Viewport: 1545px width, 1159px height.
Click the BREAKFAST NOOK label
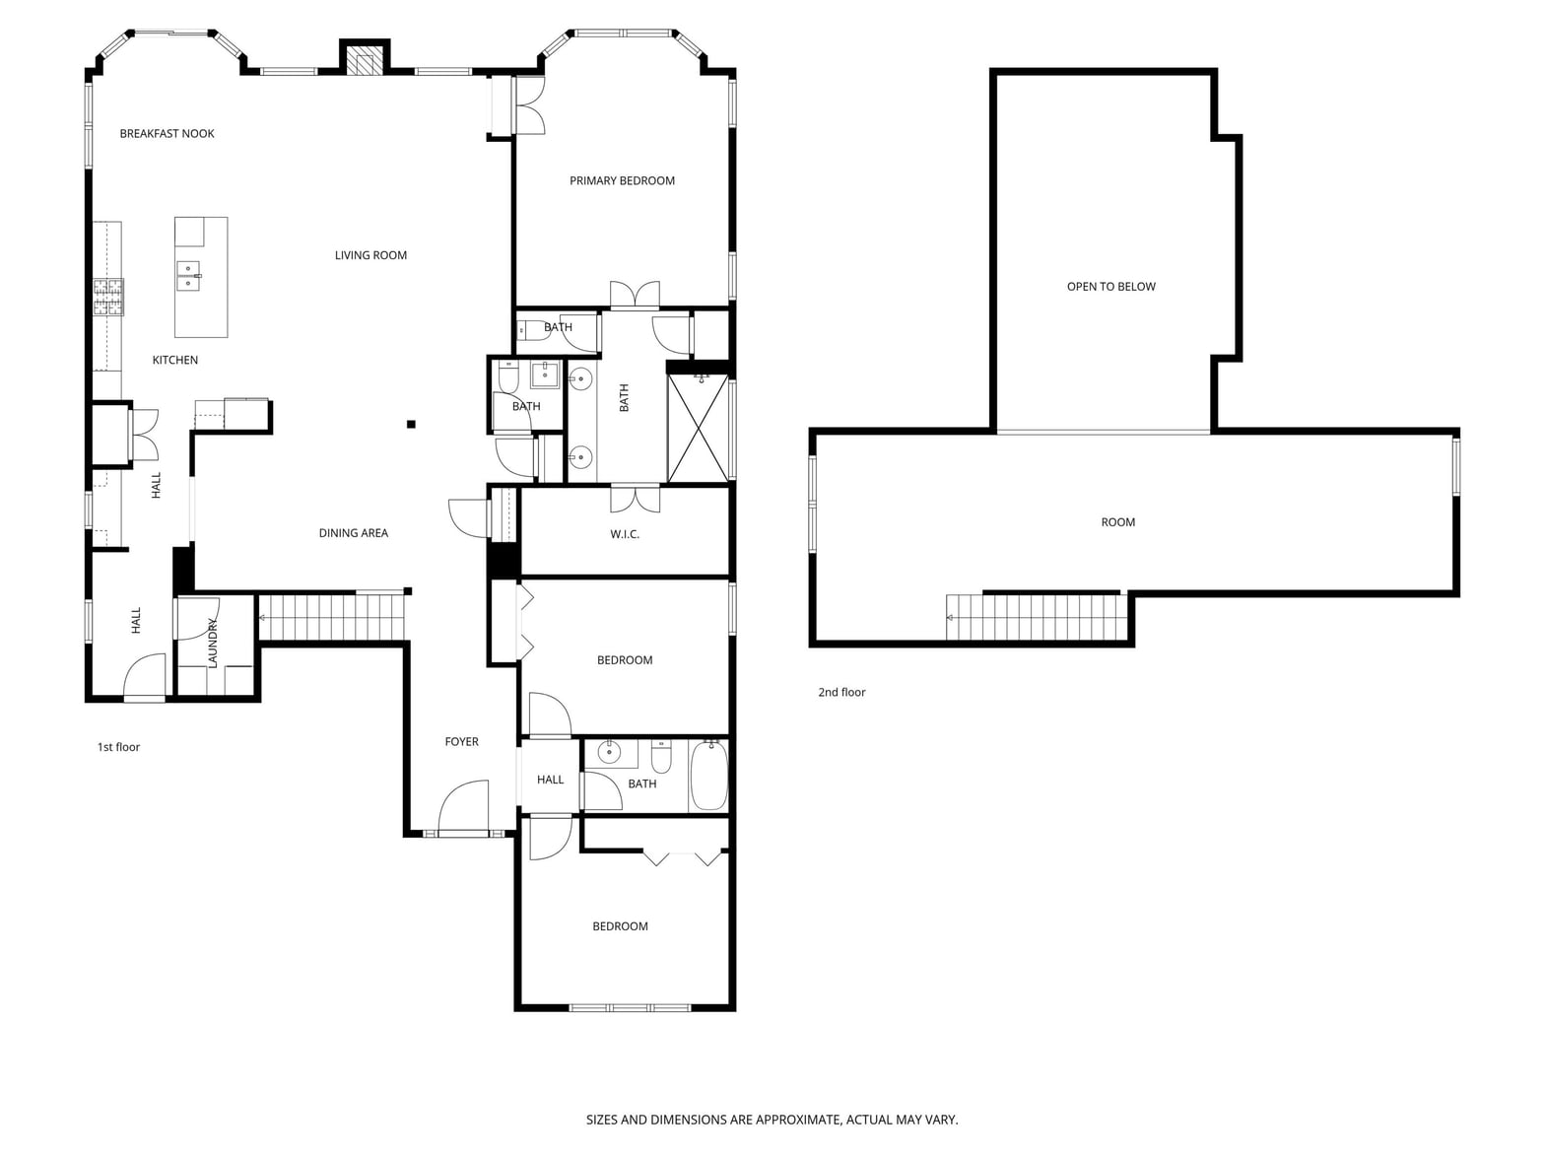167,134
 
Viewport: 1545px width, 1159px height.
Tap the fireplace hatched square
364,63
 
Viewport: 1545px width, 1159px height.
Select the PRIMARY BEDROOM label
622,181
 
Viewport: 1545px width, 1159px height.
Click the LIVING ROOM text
370,255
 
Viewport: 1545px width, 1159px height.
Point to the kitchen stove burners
108,297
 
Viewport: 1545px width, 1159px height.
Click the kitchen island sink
188,275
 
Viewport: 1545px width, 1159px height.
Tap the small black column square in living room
411,424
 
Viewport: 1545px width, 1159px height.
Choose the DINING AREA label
354,533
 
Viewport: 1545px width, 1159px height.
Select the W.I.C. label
625,535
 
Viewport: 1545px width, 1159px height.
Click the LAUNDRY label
213,644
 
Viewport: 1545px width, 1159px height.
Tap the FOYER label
462,742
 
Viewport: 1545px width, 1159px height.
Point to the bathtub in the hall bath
708,777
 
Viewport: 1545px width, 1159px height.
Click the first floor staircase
333,617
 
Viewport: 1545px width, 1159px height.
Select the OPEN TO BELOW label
1110,287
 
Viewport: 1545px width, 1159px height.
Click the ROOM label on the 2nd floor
1117,522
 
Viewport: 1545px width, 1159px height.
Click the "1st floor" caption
118,747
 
